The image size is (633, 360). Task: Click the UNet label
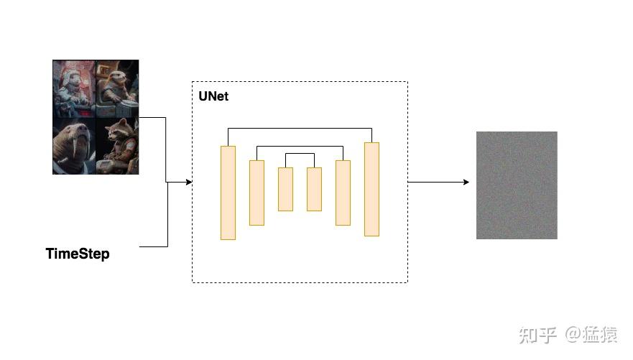(x=213, y=96)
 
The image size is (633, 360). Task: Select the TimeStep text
(x=78, y=254)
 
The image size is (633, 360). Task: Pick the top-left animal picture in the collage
(x=73, y=88)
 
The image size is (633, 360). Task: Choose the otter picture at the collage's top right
(x=116, y=88)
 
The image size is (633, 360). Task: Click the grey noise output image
(x=517, y=185)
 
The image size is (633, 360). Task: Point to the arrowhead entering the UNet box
(x=189, y=182)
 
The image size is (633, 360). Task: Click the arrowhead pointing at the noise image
(x=466, y=182)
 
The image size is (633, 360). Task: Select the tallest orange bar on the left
(x=228, y=193)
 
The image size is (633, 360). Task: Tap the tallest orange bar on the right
(x=371, y=189)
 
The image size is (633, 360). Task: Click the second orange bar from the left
(x=257, y=193)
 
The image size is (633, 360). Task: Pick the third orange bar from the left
(x=285, y=189)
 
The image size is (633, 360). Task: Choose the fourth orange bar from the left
(x=314, y=189)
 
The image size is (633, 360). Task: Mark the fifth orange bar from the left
(x=343, y=193)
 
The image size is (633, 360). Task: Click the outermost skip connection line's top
(x=300, y=129)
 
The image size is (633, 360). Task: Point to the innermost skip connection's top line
(x=300, y=154)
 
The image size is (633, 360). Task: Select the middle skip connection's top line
(x=300, y=147)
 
